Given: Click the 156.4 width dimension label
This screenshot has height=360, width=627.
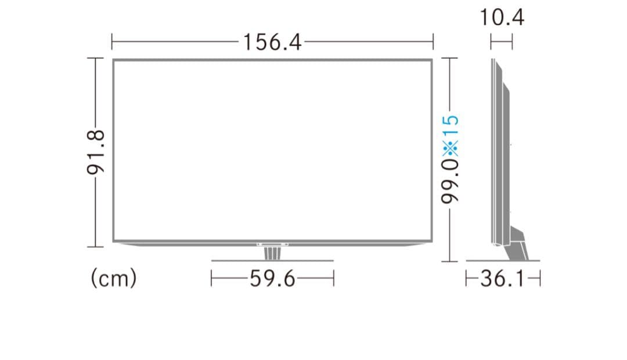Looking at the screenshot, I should click(272, 42).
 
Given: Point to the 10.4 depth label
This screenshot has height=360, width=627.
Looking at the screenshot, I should click(502, 17).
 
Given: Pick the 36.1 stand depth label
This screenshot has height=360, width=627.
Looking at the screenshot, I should click(503, 279).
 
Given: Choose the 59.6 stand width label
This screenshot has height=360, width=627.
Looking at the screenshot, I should click(272, 279).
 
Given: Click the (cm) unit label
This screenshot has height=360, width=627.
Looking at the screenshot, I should click(114, 279).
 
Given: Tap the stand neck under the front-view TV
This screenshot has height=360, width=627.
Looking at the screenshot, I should click(272, 254).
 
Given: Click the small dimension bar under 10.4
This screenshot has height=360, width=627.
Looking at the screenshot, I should click(502, 42).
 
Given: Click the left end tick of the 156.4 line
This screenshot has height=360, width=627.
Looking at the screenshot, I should click(111, 42).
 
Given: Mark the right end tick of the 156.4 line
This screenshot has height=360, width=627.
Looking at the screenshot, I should click(433, 42).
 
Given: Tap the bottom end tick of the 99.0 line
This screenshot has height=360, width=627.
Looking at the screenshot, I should click(450, 261).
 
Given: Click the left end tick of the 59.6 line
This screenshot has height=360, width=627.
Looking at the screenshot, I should click(212, 279).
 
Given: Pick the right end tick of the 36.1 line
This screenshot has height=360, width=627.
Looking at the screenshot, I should click(539, 279).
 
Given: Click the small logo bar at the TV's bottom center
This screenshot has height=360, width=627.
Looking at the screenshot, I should click(272, 244).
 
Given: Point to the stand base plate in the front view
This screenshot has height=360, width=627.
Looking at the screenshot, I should click(272, 261).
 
